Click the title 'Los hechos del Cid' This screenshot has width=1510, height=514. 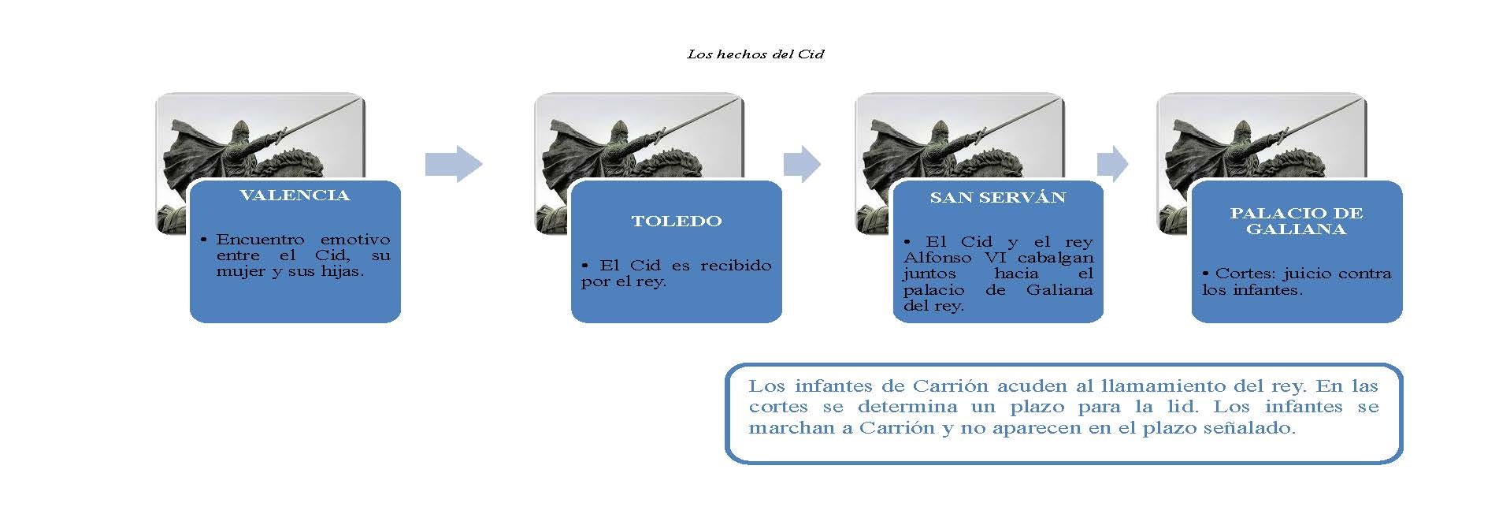[755, 54]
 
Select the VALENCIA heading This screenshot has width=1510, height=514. [295, 196]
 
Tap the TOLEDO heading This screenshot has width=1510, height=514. [677, 222]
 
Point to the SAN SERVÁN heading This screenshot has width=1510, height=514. [998, 197]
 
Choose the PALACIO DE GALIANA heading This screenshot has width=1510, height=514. [1297, 222]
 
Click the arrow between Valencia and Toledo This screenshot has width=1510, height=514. [454, 164]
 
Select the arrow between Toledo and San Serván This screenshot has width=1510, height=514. [802, 164]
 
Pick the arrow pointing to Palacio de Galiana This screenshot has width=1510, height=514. [1112, 164]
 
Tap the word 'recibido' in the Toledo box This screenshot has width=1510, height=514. [736, 266]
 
